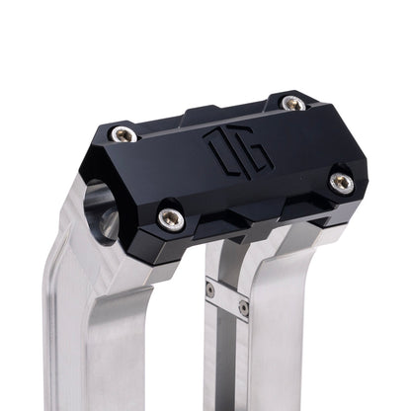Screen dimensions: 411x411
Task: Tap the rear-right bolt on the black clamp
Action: coord(293,103)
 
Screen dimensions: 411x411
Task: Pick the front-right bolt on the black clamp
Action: coord(341,181)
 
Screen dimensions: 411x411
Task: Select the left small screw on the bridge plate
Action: coord(210,289)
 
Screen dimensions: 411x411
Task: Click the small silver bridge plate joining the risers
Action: coord(226,298)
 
